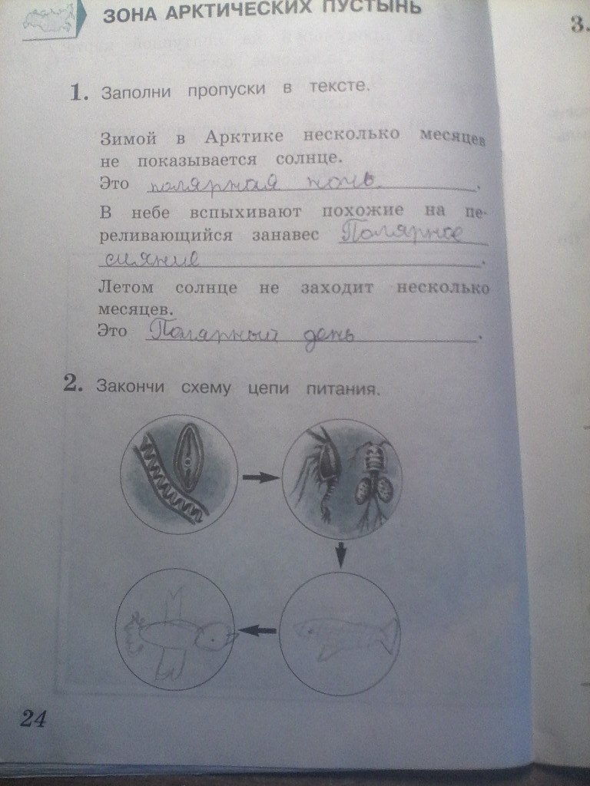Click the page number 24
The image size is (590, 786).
32,719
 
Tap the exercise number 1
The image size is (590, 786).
77,94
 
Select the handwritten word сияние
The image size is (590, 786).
151,259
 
